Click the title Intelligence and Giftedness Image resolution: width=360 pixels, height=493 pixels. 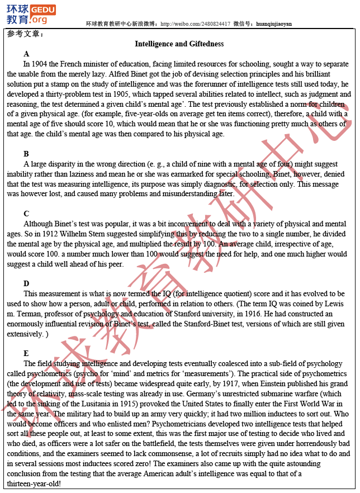click(179, 44)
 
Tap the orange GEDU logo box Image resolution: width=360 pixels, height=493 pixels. click(42, 10)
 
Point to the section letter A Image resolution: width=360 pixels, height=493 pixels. click(26, 54)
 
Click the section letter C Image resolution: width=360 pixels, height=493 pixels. click(26, 214)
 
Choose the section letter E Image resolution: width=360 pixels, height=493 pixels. click(26, 353)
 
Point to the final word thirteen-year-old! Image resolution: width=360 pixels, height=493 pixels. click(34, 483)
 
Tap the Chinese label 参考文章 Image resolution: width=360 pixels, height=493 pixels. click(24, 34)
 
